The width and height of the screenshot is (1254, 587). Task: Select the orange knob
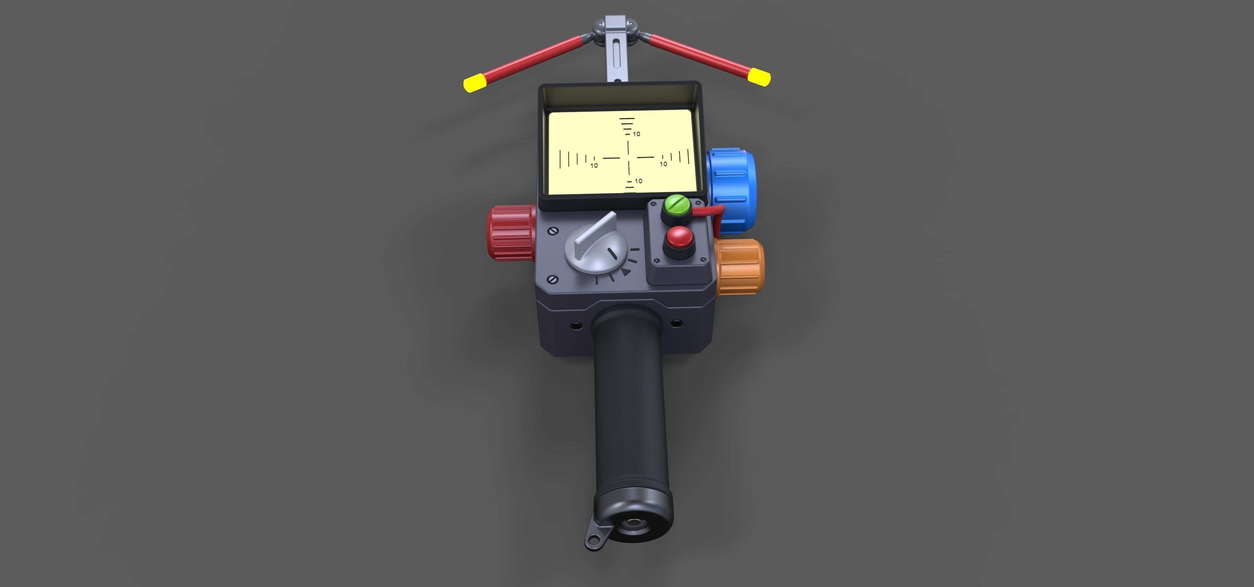740,266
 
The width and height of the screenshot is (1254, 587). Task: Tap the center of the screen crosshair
629,157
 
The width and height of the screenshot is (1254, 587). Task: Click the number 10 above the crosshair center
636,134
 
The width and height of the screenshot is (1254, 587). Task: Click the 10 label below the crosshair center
638,181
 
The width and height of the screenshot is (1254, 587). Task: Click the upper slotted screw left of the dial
553,231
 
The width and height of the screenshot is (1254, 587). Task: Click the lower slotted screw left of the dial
553,279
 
